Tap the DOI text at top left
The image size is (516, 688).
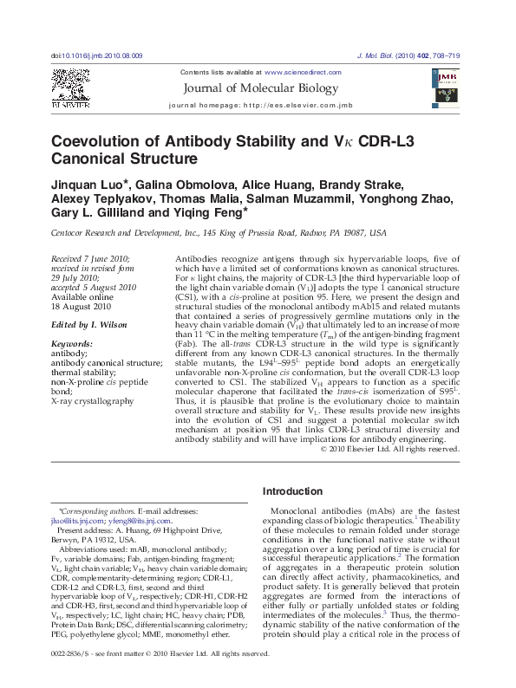(97, 55)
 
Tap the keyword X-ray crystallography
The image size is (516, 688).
(93, 401)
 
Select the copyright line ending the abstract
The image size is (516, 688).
(389, 449)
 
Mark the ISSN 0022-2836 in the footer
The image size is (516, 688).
(72, 676)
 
